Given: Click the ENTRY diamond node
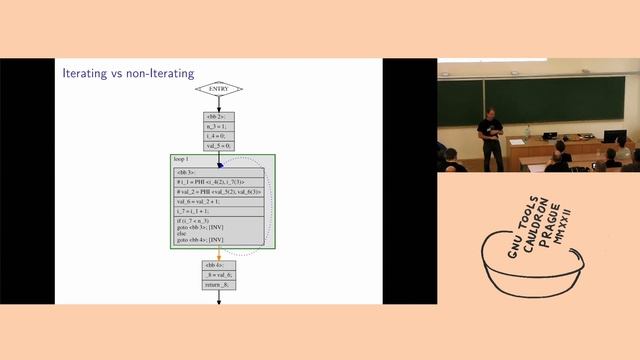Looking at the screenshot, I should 218,88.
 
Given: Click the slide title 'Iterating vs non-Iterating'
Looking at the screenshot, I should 128,73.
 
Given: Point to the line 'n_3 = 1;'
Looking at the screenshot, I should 218,127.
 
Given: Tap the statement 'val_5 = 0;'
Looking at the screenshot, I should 218,145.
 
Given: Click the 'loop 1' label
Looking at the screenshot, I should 181,160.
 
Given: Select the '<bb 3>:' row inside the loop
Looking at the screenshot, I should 190,172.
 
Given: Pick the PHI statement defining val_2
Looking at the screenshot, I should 218,191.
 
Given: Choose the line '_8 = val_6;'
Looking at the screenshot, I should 218,275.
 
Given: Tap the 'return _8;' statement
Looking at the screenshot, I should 218,285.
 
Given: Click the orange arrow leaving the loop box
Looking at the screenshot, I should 218,254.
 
